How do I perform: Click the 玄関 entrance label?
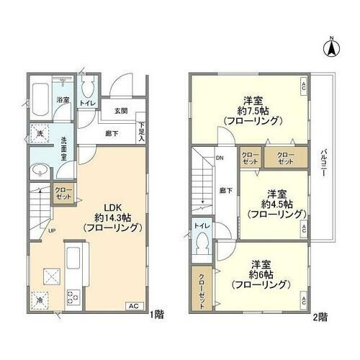pos(121,112)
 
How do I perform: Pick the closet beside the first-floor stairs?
pos(63,194)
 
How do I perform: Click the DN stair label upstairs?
pos(218,160)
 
